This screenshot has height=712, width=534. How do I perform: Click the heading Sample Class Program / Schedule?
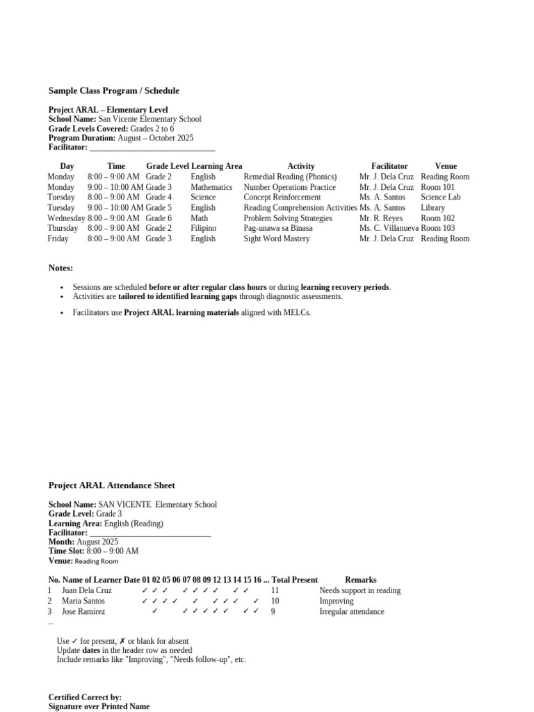tap(113, 90)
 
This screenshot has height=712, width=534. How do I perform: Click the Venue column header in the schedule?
tap(446, 166)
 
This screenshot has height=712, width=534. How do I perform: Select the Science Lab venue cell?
tap(440, 197)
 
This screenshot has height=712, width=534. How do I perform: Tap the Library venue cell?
tap(432, 208)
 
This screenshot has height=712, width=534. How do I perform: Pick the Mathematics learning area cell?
tap(211, 187)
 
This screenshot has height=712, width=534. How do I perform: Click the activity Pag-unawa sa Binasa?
tap(277, 228)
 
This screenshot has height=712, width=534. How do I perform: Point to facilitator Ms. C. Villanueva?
tap(389, 228)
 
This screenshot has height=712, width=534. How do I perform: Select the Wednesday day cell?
tap(66, 218)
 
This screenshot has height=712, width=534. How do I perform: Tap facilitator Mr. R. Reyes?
tap(380, 218)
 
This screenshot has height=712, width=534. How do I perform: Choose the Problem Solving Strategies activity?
tap(288, 218)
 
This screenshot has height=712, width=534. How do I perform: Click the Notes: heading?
tap(60, 268)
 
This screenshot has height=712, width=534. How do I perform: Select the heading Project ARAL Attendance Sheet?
tap(111, 485)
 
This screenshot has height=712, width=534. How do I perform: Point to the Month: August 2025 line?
tap(83, 542)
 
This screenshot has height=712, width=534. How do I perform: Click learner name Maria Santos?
tap(83, 601)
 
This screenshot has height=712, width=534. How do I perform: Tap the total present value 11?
tap(275, 590)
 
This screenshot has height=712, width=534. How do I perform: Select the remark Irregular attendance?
tap(351, 612)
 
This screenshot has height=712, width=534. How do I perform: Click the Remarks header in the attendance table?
tap(360, 580)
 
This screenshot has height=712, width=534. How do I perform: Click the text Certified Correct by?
tap(85, 697)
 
